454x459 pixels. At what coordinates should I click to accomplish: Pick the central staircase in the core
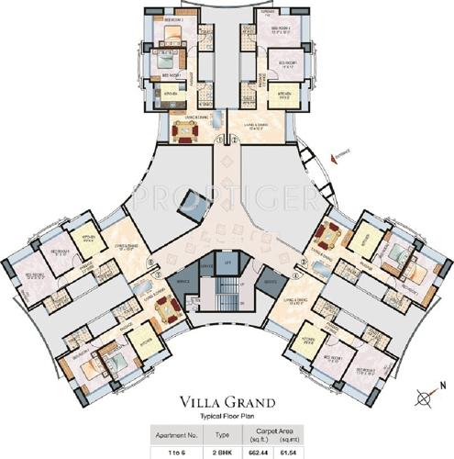(x=225, y=298)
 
